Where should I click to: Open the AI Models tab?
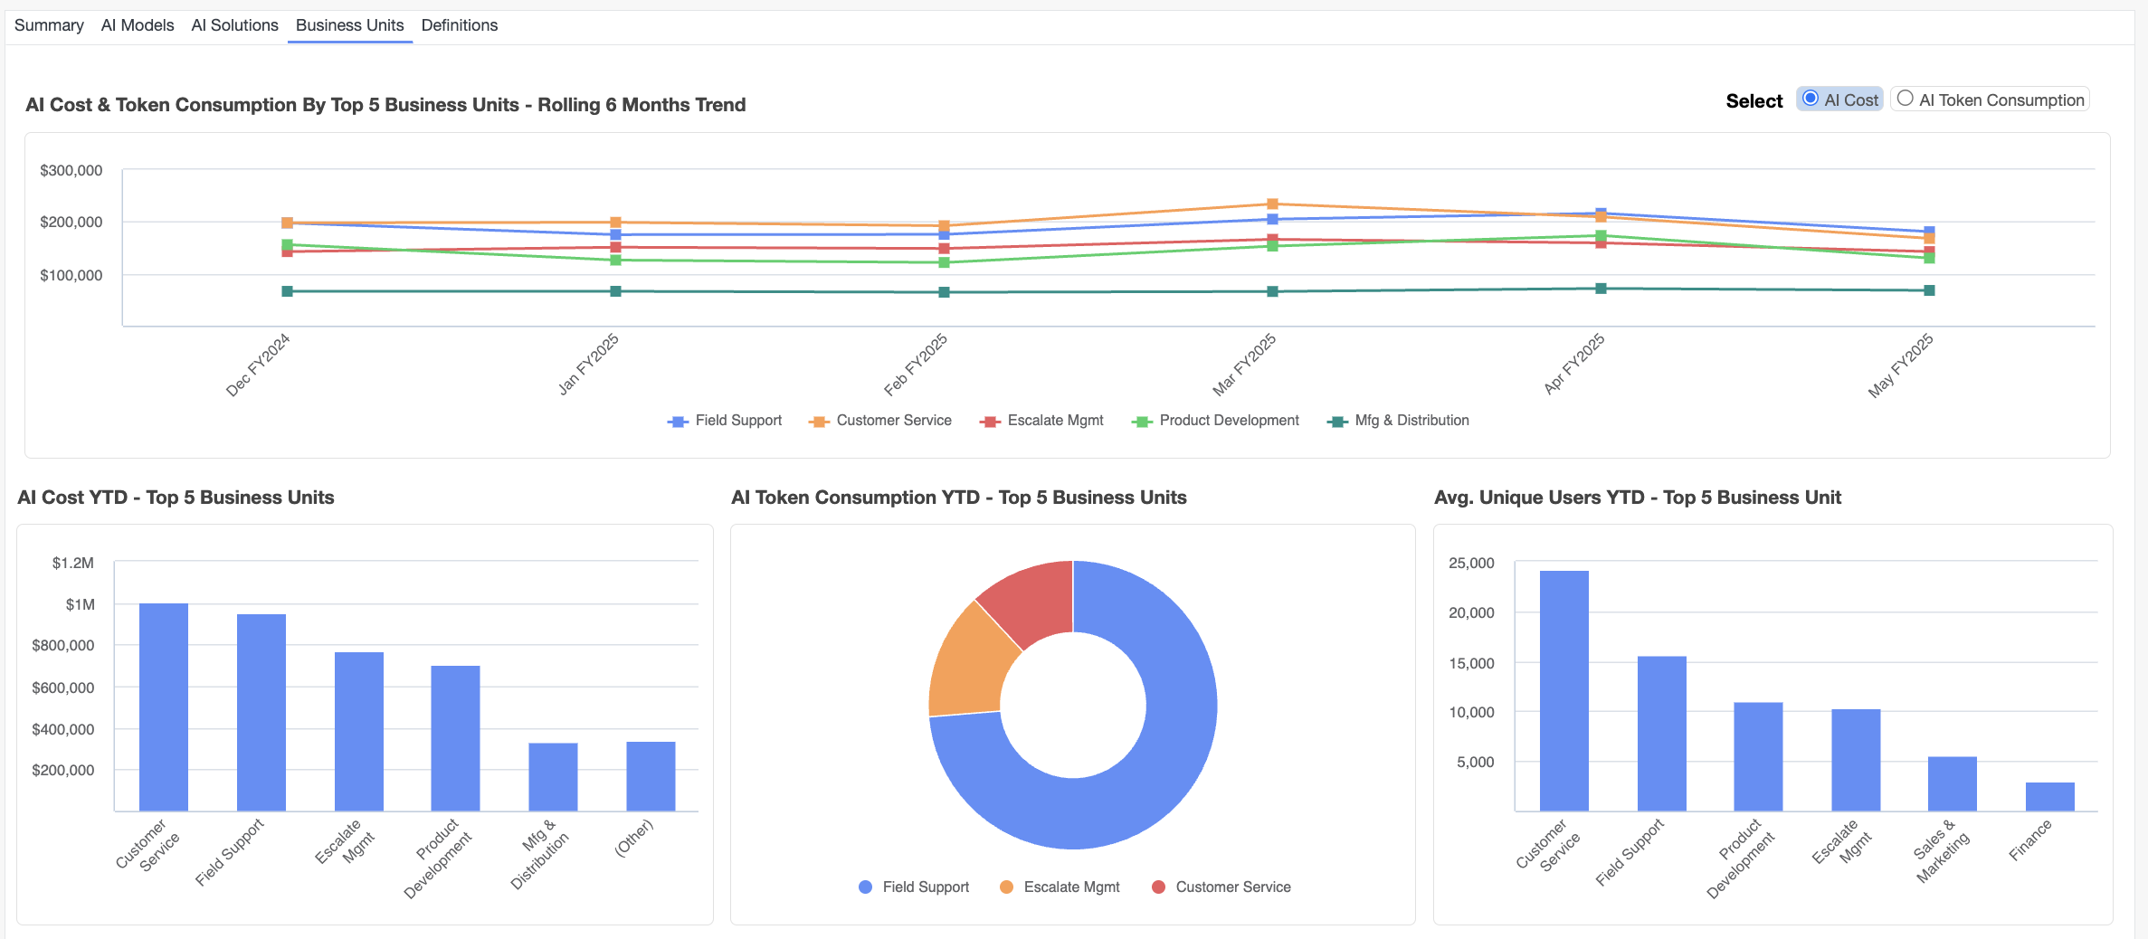tap(138, 25)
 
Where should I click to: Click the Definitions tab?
tap(459, 25)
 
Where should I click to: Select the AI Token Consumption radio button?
tap(1905, 99)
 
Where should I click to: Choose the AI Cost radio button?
tap(1810, 99)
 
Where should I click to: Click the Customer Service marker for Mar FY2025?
tap(1272, 204)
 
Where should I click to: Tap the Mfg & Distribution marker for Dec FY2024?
tap(287, 291)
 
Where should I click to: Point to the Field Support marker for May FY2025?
tap(1929, 231)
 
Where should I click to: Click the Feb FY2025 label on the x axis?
tap(916, 365)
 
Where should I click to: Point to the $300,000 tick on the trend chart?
tap(71, 170)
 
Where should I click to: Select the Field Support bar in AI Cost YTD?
tap(261, 712)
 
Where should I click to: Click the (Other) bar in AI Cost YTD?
tap(651, 776)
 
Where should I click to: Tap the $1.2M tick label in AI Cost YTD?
tap(72, 563)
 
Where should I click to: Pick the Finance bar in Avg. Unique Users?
tap(2049, 796)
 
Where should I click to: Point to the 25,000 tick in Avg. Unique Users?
tap(1471, 563)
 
